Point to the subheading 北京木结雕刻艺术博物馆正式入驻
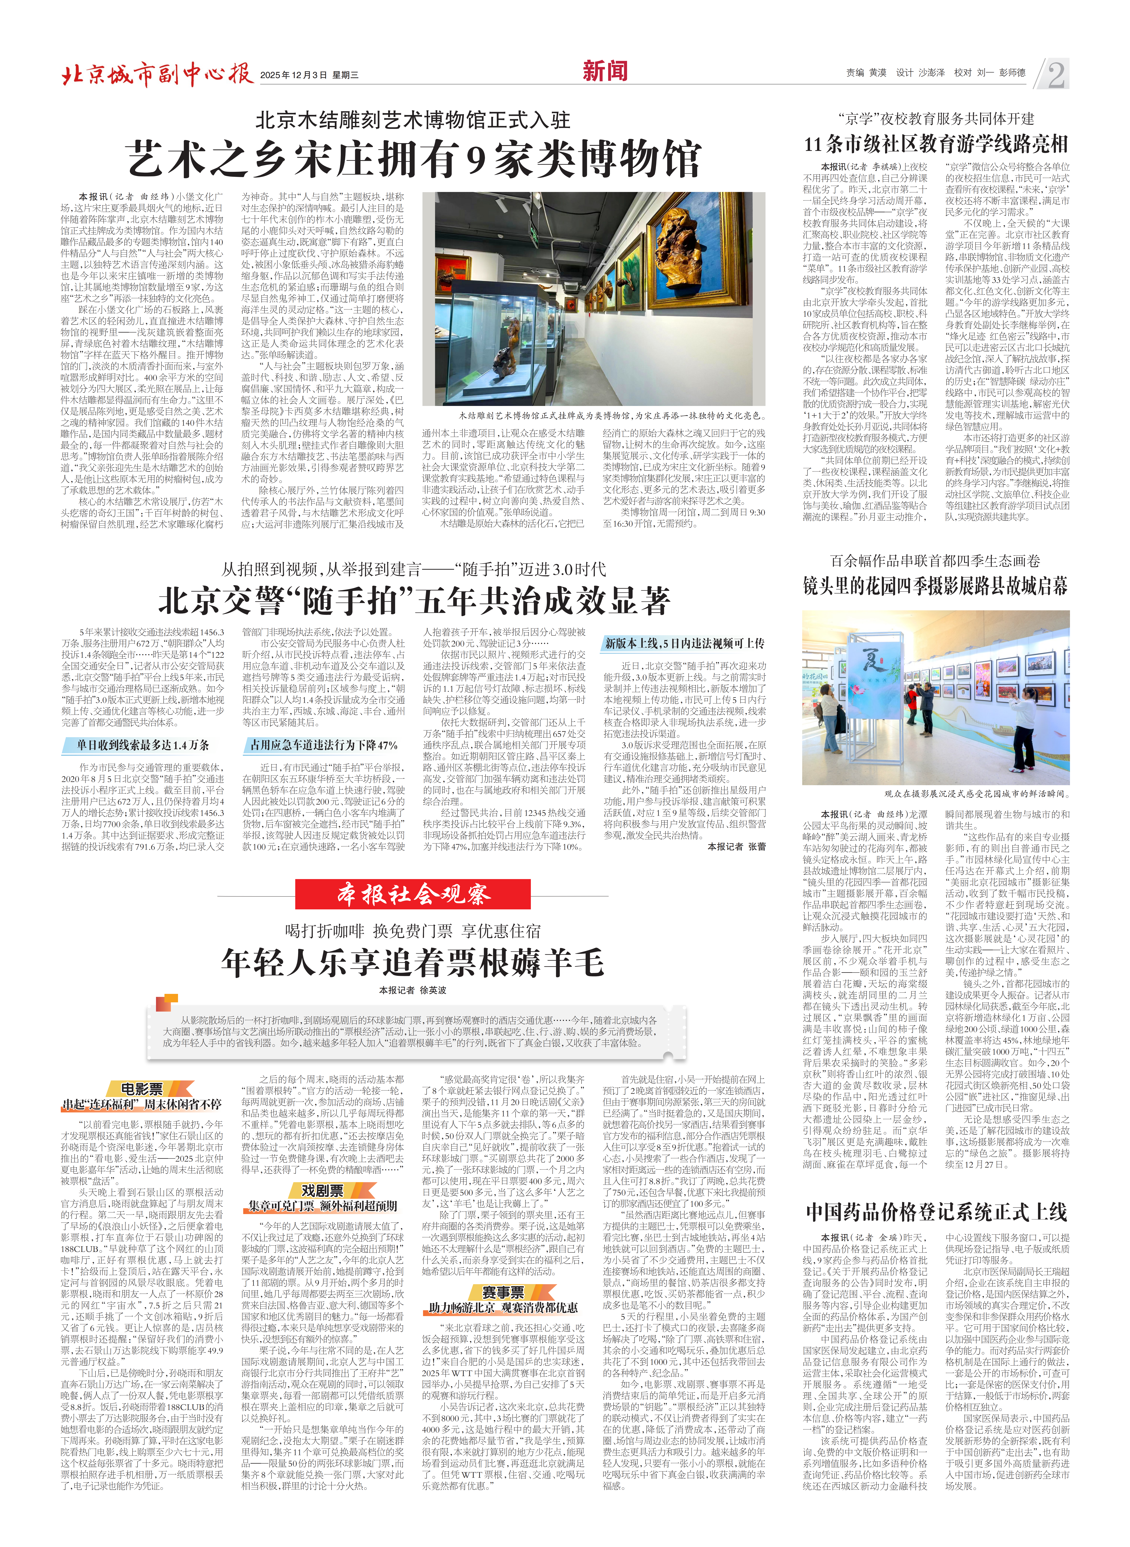tap(412, 120)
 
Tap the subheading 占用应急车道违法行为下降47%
tap(320, 745)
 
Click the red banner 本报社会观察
tap(412, 894)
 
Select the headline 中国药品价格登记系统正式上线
tap(936, 1213)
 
